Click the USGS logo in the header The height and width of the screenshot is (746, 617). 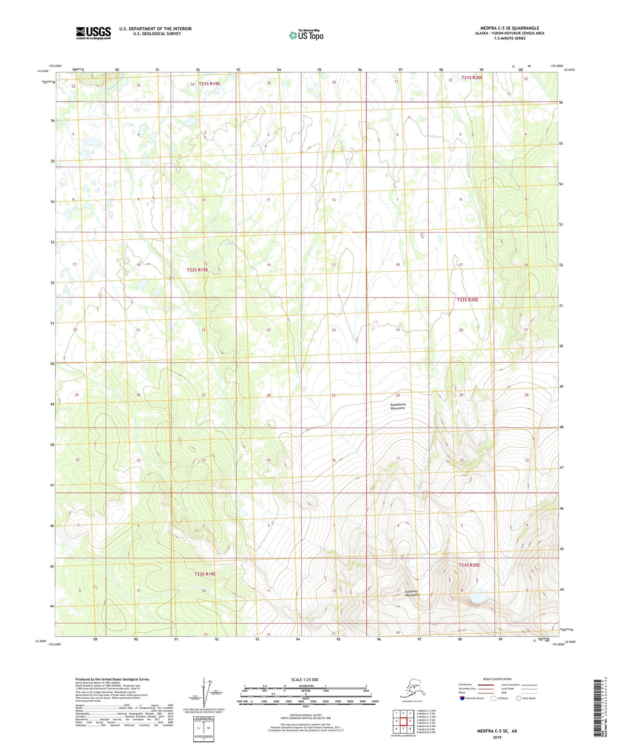(x=93, y=33)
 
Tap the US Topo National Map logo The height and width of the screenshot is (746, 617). (x=306, y=35)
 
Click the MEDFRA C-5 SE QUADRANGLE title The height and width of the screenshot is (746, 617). (x=509, y=28)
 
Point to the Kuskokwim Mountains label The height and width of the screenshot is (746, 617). (x=398, y=407)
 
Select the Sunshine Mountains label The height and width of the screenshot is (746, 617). (x=412, y=593)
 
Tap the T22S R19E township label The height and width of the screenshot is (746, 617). (x=197, y=270)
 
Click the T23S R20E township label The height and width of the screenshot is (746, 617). (x=469, y=565)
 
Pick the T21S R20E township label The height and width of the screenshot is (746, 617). (x=472, y=77)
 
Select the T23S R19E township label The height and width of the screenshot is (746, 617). (x=205, y=574)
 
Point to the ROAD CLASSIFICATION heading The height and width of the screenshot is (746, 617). (x=497, y=679)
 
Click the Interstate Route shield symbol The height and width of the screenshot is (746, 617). (x=462, y=698)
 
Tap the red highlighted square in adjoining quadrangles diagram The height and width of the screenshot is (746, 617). (x=403, y=721)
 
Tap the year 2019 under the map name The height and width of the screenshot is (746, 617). (x=497, y=737)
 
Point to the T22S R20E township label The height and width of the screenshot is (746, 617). (x=468, y=300)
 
